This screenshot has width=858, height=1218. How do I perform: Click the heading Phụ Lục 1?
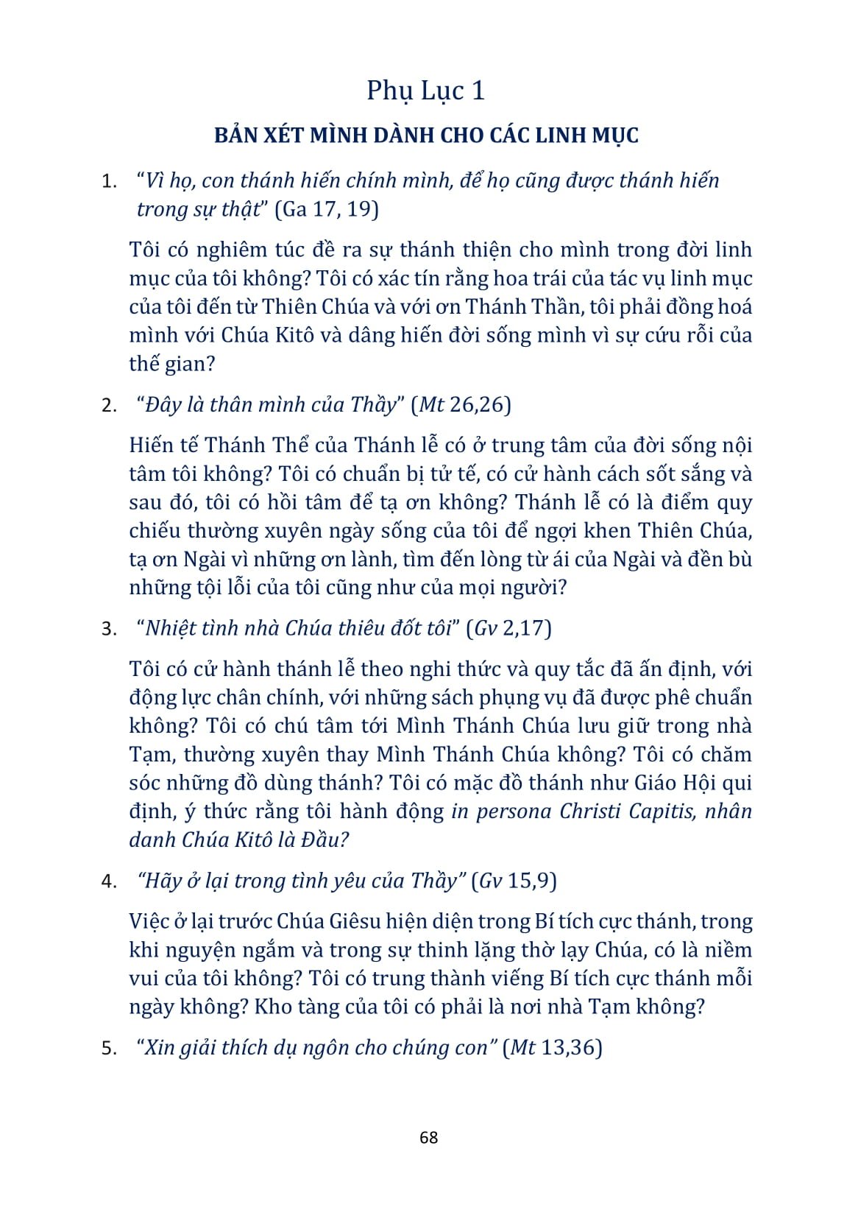(426, 91)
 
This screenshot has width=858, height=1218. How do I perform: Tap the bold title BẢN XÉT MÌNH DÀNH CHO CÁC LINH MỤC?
(426, 135)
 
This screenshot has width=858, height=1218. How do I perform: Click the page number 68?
(428, 1137)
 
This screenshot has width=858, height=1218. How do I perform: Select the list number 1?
(108, 181)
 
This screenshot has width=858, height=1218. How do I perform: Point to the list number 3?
(108, 629)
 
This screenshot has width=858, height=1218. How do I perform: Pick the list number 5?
(108, 1048)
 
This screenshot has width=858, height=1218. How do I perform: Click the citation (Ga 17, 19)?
(327, 209)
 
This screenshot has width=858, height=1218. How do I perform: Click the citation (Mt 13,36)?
(553, 1047)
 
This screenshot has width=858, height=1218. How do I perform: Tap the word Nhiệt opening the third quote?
(171, 628)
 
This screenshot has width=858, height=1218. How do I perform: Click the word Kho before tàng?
(270, 1007)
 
